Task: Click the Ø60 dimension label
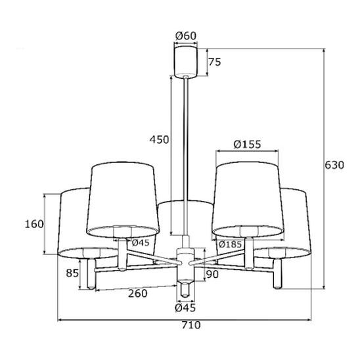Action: [x=186, y=36]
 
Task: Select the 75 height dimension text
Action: [x=214, y=62]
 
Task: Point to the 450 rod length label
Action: [x=159, y=139]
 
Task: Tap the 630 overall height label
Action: [x=334, y=165]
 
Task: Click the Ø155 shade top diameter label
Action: [x=247, y=145]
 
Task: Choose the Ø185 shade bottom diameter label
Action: [x=230, y=244]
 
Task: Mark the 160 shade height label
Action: [x=34, y=224]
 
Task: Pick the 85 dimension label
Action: [x=72, y=273]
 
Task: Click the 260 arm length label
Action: [x=137, y=294]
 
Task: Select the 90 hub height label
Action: [x=212, y=274]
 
